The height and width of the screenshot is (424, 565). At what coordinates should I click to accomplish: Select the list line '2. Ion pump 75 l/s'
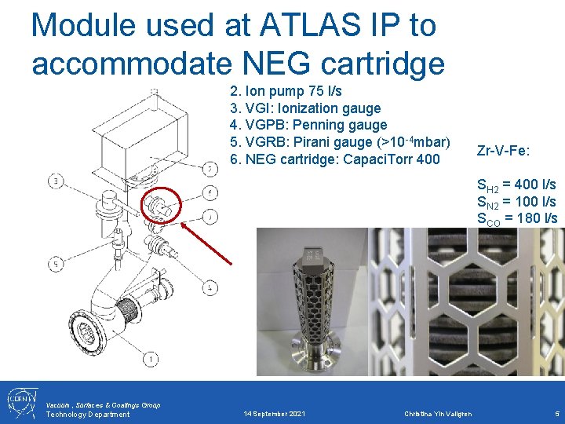click(286, 91)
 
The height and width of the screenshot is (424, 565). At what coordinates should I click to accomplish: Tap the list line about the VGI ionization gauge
click(305, 108)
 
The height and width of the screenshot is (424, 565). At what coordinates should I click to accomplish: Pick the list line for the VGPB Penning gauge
click(308, 125)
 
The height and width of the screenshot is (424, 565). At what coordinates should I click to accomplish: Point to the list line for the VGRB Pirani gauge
click(340, 142)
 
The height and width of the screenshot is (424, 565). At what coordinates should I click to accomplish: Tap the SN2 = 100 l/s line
click(516, 202)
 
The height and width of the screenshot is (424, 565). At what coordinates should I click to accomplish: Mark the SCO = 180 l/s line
click(516, 218)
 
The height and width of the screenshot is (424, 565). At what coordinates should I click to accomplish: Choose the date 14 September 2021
click(275, 414)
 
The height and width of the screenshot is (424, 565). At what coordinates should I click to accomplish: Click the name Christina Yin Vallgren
click(439, 414)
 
